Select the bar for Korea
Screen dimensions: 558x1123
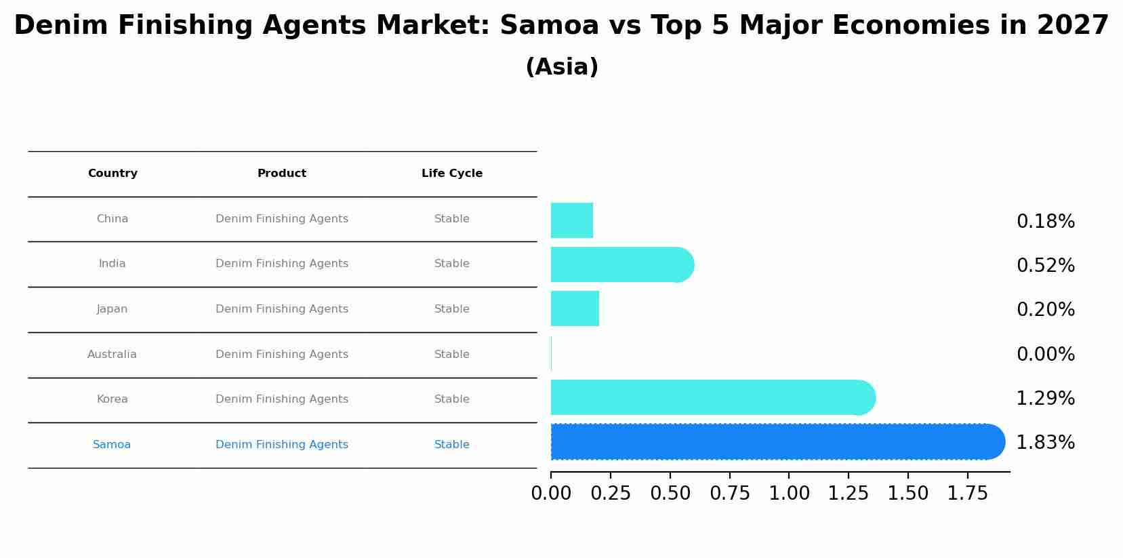pos(712,397)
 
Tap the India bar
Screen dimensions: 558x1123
pos(621,264)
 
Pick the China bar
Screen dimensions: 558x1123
pos(571,220)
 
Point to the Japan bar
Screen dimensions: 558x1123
pos(575,308)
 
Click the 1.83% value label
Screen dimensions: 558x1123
pos(1045,443)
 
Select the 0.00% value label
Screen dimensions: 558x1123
pos(1045,355)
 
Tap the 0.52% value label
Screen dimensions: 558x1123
pos(1045,266)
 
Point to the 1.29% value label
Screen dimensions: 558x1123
pos(1045,399)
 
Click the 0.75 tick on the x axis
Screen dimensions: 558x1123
pos(730,494)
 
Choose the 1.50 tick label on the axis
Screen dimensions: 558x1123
pos(908,494)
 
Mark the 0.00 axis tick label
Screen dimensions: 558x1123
pos(551,494)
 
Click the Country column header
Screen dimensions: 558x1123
pos(113,174)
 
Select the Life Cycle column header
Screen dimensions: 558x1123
pos(452,174)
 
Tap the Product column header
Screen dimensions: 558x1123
pos(282,174)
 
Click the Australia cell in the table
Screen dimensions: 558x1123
pos(112,355)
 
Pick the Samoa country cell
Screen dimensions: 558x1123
pos(112,445)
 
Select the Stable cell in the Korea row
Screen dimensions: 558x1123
pos(452,399)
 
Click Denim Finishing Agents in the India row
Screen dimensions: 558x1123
pos(282,264)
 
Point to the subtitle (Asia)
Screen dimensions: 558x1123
pos(562,67)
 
